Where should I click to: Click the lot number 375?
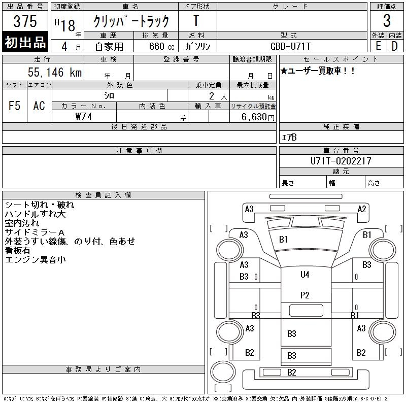coord(25,21)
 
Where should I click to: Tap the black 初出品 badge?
coord(25,42)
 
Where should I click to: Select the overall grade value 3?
coord(387,21)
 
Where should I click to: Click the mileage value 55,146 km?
coord(55,72)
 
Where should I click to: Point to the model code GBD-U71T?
coord(290,46)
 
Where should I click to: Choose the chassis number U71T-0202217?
coord(341,161)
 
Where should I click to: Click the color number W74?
coord(84,117)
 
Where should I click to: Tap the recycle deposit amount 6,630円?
coord(258,117)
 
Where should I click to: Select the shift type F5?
coord(15,106)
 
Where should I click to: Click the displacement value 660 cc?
coord(161,47)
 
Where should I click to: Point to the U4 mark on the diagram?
coord(305,275)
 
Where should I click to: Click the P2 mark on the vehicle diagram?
coord(305,295)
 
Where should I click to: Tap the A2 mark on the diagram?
coord(362,209)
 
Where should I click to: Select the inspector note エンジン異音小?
coord(35,260)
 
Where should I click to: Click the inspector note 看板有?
coord(18,251)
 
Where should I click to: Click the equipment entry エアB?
coord(289,138)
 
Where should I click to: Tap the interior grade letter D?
coord(395,46)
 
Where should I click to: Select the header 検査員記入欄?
coord(103,195)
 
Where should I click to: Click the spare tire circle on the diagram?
coord(223,372)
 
